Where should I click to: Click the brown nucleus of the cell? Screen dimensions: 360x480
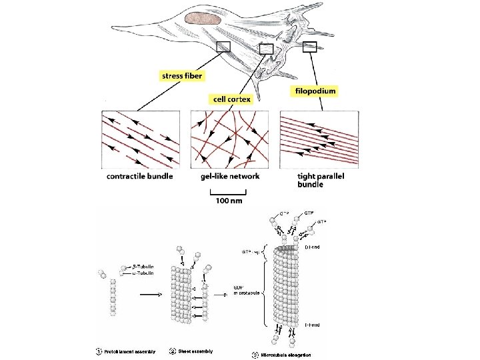coord(204,19)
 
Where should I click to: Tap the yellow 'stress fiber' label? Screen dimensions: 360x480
coord(182,76)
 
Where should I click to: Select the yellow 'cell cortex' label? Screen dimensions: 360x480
coord(231,99)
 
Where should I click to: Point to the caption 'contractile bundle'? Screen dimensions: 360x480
coord(139,176)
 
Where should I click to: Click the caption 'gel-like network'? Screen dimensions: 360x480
coord(230,176)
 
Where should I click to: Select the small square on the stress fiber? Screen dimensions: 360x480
coord(223,46)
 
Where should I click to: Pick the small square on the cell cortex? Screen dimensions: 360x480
coord(266,48)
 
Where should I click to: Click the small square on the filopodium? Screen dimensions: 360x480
coord(310,46)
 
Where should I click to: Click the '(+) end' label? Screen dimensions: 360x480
coord(312,247)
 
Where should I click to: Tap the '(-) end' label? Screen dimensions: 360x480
coord(312,325)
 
